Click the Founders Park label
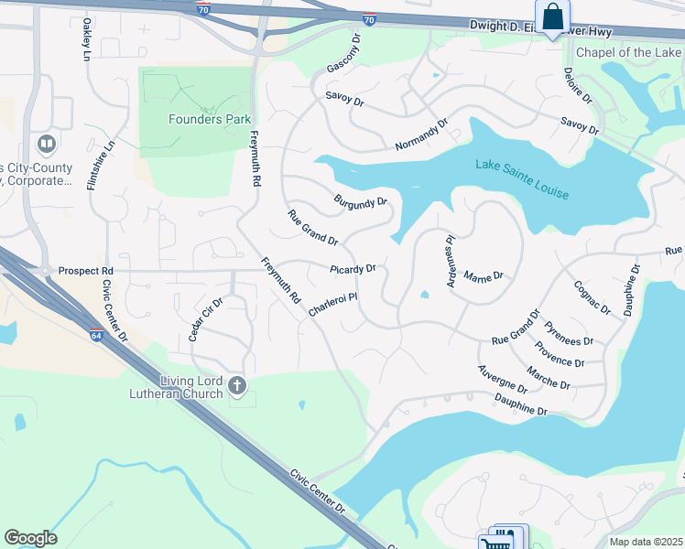coord(210,119)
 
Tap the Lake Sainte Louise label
coord(522,179)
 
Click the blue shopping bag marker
coord(552,17)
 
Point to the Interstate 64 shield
coord(97,336)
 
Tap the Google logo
coord(30,538)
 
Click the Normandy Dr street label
coord(421,135)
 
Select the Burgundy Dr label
coord(360,200)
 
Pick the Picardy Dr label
coord(353,269)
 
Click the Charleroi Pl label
coord(332,304)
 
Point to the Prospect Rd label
coord(85,272)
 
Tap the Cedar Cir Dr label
coord(206,319)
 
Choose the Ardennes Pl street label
coord(451,264)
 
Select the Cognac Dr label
coord(590,297)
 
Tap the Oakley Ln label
coord(87,39)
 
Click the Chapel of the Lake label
coord(630,52)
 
